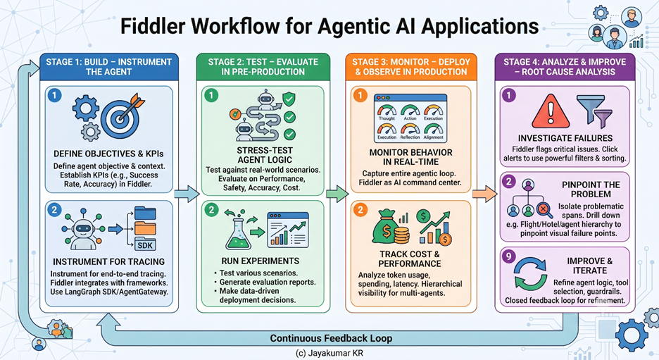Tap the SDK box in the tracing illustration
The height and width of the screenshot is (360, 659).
[x=145, y=244]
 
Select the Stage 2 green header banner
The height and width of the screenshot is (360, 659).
[x=263, y=67]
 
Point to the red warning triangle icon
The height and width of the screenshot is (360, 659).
[x=551, y=111]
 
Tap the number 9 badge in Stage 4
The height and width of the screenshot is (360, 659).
[x=508, y=256]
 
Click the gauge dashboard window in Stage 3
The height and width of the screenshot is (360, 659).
[x=410, y=118]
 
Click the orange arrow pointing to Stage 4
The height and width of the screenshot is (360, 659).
[x=484, y=194]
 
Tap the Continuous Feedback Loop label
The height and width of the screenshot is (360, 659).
[x=331, y=338]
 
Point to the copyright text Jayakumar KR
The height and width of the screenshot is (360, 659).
[x=329, y=353]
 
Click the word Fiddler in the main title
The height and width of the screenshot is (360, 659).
[x=153, y=26]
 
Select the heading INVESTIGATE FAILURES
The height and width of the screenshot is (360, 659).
[x=565, y=138]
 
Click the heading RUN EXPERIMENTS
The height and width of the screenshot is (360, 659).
[x=261, y=261]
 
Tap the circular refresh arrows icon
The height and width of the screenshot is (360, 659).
[x=531, y=274]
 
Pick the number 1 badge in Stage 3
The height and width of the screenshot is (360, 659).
[x=360, y=96]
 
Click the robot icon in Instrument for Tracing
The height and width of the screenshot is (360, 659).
[x=83, y=229]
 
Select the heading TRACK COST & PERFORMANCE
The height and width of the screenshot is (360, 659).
[x=410, y=259]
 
